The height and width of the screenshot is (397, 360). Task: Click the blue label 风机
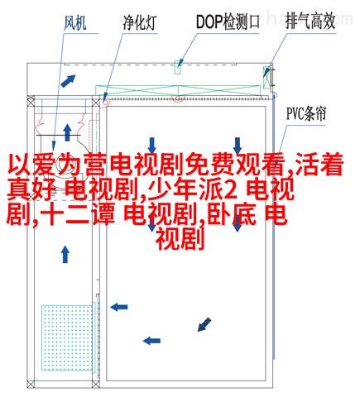click(x=75, y=23)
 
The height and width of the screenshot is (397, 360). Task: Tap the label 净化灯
click(x=139, y=22)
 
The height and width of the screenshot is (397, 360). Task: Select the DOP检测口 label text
click(x=228, y=22)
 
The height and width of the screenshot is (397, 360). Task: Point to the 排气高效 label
click(x=310, y=21)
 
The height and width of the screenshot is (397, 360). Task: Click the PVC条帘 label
click(x=306, y=114)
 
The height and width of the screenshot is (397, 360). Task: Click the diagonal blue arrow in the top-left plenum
click(x=68, y=81)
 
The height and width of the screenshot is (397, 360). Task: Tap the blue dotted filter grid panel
click(x=67, y=337)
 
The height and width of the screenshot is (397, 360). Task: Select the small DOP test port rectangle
click(x=178, y=67)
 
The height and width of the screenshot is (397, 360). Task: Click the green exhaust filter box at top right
click(x=266, y=78)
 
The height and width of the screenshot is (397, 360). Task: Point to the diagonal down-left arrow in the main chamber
click(x=204, y=324)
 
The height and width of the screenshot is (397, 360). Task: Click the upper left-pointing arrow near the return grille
click(x=119, y=307)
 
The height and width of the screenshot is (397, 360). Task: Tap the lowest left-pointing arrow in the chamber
click(x=151, y=341)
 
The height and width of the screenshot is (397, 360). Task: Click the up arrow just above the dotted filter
click(x=65, y=255)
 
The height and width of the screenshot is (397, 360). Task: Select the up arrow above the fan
click(x=67, y=132)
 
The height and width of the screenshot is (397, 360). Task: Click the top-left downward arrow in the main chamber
click(x=151, y=146)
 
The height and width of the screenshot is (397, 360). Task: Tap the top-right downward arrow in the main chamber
click(x=238, y=146)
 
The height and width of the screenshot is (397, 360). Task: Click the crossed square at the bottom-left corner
click(x=31, y=384)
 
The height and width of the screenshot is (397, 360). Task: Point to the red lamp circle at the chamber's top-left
click(x=106, y=102)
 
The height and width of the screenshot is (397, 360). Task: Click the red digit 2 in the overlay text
click(x=231, y=190)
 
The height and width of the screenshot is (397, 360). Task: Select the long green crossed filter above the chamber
click(x=178, y=90)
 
